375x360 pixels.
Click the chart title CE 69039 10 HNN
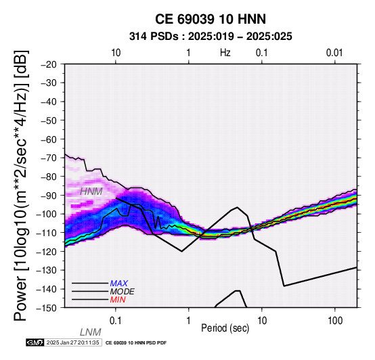click(211, 19)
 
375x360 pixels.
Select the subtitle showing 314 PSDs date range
click(211, 37)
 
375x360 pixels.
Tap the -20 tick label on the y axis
click(49, 64)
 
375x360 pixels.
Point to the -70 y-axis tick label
click(49, 158)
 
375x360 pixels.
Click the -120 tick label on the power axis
click(47, 252)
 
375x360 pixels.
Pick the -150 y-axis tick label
click(47, 308)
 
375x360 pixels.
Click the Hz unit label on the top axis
click(225, 53)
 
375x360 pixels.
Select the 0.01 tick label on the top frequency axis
click(334, 53)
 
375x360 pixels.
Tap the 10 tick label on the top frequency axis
click(116, 53)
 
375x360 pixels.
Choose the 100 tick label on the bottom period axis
click(335, 321)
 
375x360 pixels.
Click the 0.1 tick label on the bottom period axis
click(115, 321)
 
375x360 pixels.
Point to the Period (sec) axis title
click(225, 328)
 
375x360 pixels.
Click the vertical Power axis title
click(21, 185)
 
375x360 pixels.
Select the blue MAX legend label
click(119, 284)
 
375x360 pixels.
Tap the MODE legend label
click(123, 292)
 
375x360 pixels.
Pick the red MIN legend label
click(118, 300)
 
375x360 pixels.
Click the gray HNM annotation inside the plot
click(91, 192)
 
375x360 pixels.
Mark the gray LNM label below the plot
click(91, 332)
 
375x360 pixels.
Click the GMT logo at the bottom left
click(35, 342)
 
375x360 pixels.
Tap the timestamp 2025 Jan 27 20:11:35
click(72, 342)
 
